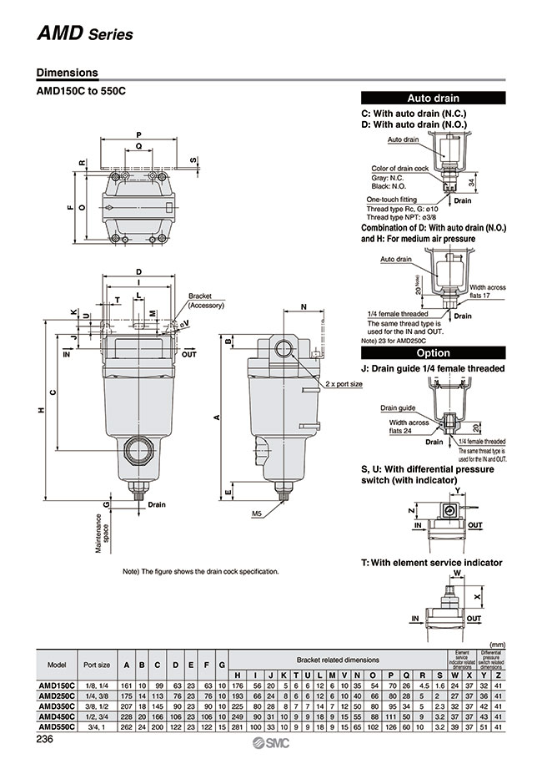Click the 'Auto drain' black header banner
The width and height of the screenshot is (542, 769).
pyautogui.click(x=433, y=98)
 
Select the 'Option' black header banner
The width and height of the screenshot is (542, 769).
pyautogui.click(x=433, y=352)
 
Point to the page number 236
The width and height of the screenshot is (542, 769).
pyautogui.click(x=47, y=739)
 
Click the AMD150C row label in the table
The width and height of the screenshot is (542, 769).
pyautogui.click(x=57, y=685)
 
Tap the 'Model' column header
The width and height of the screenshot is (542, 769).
pyautogui.click(x=57, y=665)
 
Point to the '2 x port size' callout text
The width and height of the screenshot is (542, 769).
pyautogui.click(x=344, y=383)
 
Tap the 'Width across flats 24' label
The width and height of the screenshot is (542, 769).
pyautogui.click(x=407, y=427)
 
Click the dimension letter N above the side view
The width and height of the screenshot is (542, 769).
pyautogui.click(x=303, y=306)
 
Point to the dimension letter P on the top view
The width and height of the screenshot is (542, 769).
pyautogui.click(x=138, y=134)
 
